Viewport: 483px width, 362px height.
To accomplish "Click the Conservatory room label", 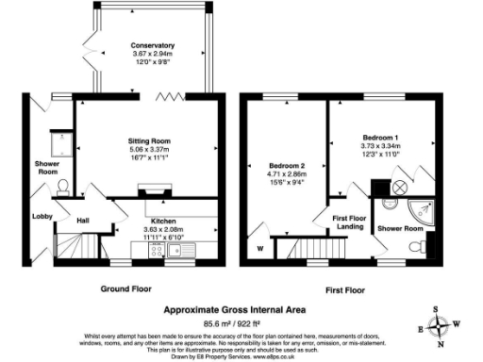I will click(153, 45).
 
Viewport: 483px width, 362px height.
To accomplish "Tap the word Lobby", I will click(42, 217).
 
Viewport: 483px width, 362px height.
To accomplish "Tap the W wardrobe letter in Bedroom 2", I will click(259, 250).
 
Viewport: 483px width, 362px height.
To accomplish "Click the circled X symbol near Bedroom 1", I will click(399, 187).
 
